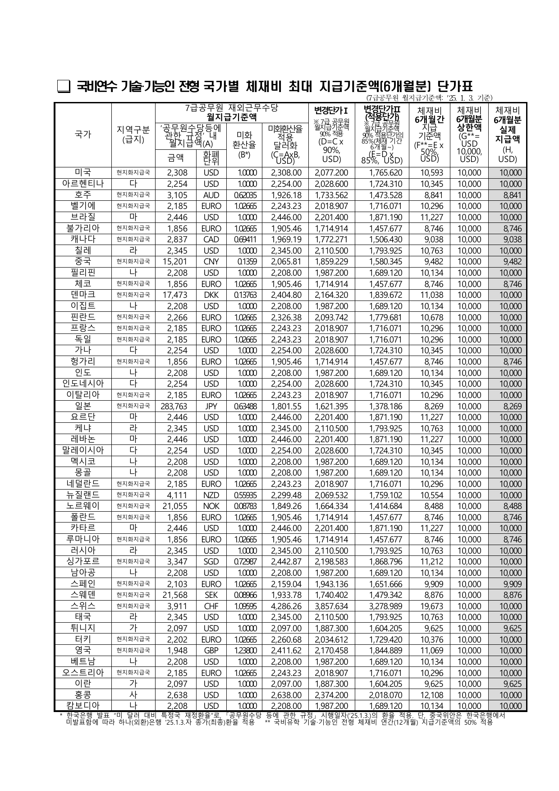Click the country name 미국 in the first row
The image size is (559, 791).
[x=83, y=172]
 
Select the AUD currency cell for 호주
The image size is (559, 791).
[x=211, y=195]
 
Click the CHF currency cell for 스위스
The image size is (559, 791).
[x=211, y=606]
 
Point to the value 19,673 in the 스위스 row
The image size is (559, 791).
[x=431, y=606]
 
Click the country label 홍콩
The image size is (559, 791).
[x=83, y=695]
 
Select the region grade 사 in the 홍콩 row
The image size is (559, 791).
[x=133, y=695]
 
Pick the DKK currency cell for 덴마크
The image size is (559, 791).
[x=211, y=295]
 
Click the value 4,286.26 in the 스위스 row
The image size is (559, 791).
[x=286, y=606]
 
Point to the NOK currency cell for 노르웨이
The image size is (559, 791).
[x=211, y=506]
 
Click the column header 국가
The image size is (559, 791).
[x=83, y=134]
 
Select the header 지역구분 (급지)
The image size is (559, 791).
[x=133, y=134]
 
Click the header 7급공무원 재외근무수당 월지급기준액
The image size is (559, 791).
[x=232, y=112]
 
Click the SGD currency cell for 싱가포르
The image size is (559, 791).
[x=211, y=561]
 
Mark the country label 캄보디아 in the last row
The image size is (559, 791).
[x=83, y=706]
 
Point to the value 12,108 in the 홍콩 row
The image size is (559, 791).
[x=431, y=695]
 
